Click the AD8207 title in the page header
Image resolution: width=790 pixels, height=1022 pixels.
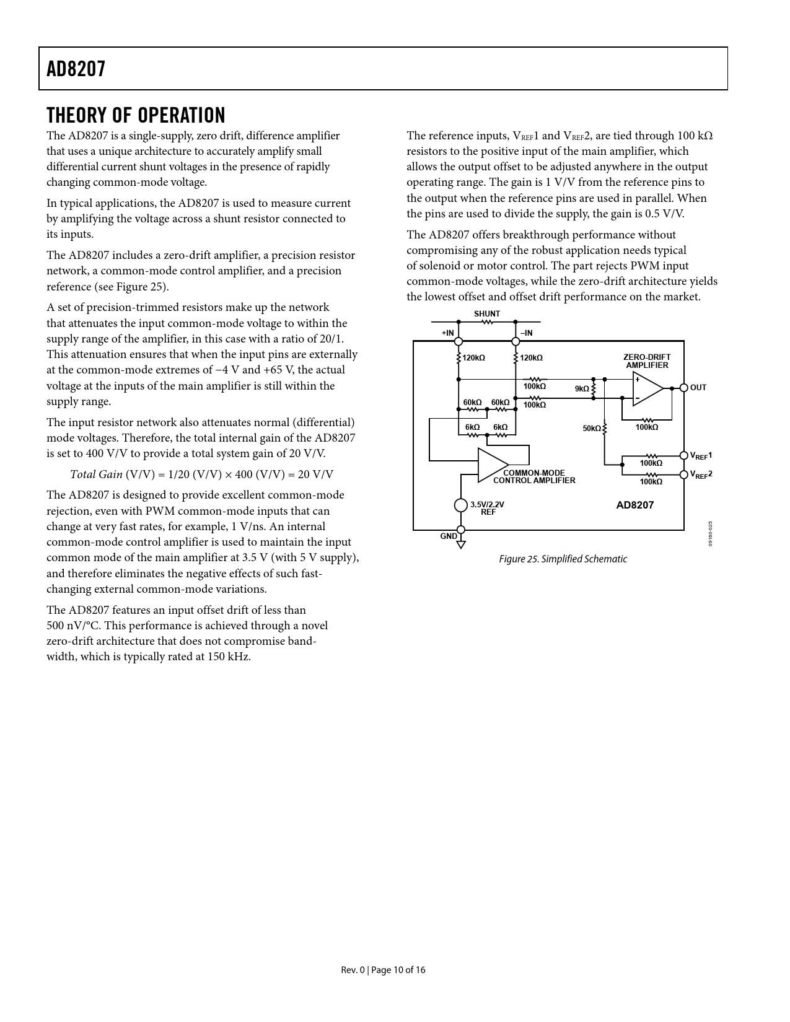pyautogui.click(x=76, y=69)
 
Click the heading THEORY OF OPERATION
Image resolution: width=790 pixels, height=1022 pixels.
pyautogui.click(x=136, y=115)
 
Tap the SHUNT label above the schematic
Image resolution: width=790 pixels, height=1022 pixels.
pyautogui.click(x=487, y=314)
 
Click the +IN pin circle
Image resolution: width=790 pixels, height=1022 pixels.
pyautogui.click(x=459, y=341)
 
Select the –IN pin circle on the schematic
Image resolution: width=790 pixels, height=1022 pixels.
pyautogui.click(x=516, y=341)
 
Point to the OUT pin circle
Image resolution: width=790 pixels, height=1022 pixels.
pyautogui.click(x=684, y=388)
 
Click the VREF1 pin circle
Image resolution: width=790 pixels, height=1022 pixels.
pyautogui.click(x=684, y=456)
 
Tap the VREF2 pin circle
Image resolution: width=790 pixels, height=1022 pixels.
pyautogui.click(x=684, y=474)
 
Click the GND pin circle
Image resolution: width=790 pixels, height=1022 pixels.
pyautogui.click(x=460, y=531)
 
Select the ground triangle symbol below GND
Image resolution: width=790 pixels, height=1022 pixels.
pyautogui.click(x=460, y=544)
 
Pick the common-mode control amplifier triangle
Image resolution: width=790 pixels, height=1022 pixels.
pyautogui.click(x=492, y=465)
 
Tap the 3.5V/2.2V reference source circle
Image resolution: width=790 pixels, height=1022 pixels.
pyautogui.click(x=460, y=505)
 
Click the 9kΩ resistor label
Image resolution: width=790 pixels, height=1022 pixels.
pyautogui.click(x=582, y=389)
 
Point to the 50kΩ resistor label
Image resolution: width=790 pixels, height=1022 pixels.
pyautogui.click(x=592, y=428)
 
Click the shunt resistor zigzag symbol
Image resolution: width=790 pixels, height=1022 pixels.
pyautogui.click(x=488, y=322)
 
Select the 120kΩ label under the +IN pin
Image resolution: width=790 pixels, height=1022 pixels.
pyautogui.click(x=473, y=358)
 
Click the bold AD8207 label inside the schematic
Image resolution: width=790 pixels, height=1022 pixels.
pyautogui.click(x=634, y=505)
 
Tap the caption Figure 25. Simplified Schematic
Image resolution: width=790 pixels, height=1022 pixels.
pyautogui.click(x=563, y=559)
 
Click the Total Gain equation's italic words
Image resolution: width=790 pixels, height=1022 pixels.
pyautogui.click(x=96, y=474)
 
